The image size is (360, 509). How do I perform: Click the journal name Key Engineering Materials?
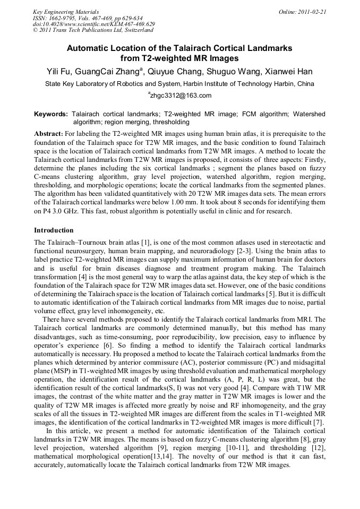click(x=65, y=11)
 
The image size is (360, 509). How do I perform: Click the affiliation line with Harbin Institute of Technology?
click(x=179, y=84)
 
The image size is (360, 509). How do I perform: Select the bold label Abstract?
click(x=49, y=134)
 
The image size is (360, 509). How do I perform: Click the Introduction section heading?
click(x=54, y=230)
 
